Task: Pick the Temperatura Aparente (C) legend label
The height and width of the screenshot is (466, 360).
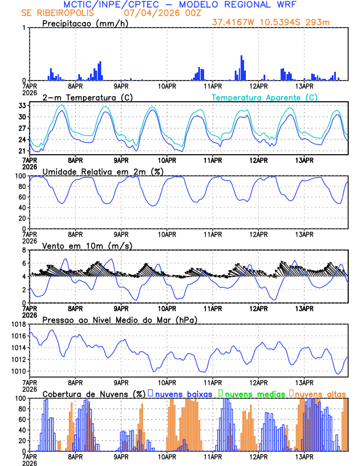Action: coord(264,97)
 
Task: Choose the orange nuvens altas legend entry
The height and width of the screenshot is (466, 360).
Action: coord(319,393)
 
